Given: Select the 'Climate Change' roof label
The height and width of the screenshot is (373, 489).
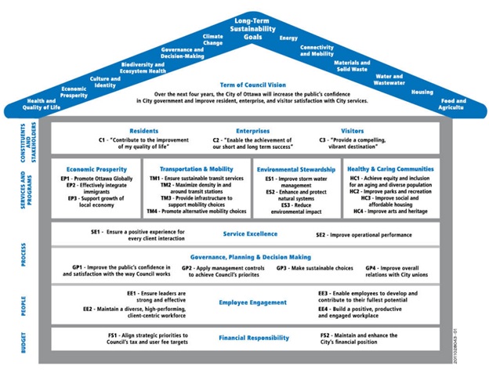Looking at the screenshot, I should point(212,40).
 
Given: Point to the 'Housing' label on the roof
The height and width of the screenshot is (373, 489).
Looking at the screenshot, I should point(422,91).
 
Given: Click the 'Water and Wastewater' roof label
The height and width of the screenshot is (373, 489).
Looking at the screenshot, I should point(389,79).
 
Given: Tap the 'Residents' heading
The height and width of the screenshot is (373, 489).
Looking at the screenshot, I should point(144,131).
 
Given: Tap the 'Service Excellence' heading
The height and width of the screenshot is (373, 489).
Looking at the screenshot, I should point(251,234).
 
